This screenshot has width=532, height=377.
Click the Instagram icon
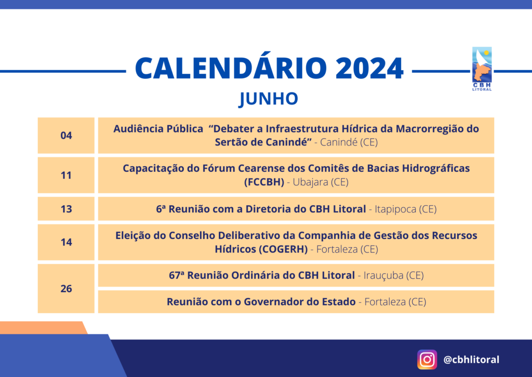[x=427, y=359]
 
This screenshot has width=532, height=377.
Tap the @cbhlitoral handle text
[x=471, y=359]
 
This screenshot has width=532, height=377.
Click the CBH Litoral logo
[x=482, y=69]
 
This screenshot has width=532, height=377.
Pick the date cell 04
[x=66, y=136]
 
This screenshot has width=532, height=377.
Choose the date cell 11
[x=66, y=176]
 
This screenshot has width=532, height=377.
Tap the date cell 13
[x=66, y=209]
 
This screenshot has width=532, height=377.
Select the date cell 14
[x=66, y=242]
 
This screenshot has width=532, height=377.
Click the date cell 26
[x=66, y=289]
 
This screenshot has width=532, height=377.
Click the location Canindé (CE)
[x=349, y=142]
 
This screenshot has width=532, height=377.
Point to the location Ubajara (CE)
[x=321, y=182]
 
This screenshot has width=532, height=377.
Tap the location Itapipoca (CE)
[x=405, y=209]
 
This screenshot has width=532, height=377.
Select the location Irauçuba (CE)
[x=394, y=275]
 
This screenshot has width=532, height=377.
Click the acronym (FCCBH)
[x=264, y=182]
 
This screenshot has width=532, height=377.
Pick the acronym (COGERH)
[x=283, y=249]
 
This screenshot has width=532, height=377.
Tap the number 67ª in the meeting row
[x=177, y=275]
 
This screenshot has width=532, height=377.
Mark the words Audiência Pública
[x=158, y=129]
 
